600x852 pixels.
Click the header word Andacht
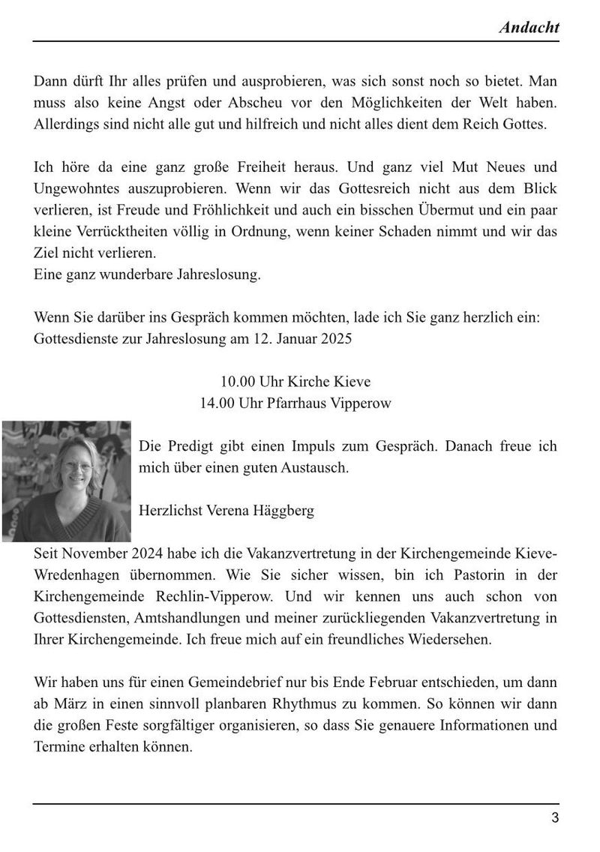529,28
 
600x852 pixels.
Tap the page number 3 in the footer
555,818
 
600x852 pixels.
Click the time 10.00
237,382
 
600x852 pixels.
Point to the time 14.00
217,403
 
